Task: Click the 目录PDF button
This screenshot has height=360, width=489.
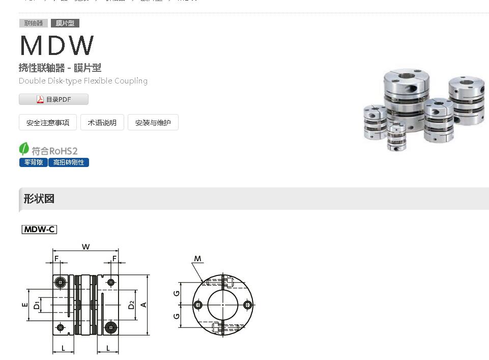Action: [x=53, y=99]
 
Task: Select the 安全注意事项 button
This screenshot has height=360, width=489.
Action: [x=48, y=123]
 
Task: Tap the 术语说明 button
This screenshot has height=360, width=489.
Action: [x=102, y=123]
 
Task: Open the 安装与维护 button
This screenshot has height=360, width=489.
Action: [x=153, y=123]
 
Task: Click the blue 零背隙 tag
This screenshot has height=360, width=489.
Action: [x=34, y=162]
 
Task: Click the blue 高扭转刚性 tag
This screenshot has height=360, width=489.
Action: [x=69, y=162]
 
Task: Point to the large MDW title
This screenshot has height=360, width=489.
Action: [x=57, y=46]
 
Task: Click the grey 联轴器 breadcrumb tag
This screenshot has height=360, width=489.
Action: [x=34, y=23]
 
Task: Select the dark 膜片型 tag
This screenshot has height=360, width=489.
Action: [x=65, y=23]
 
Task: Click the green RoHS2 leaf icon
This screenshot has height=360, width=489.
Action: [x=24, y=149]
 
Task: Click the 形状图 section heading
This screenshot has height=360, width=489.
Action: [x=39, y=199]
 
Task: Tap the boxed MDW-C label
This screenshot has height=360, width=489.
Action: [x=39, y=230]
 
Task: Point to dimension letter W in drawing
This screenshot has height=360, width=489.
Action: [x=86, y=247]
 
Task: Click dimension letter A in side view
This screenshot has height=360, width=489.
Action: [x=144, y=304]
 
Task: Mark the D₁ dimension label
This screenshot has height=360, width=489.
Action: [x=37, y=306]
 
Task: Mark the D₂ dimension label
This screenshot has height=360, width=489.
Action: [x=131, y=305]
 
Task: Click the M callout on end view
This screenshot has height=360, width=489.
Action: [x=198, y=259]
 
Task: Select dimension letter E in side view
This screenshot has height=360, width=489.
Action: [x=24, y=305]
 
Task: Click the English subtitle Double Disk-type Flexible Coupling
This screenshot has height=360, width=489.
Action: [x=83, y=81]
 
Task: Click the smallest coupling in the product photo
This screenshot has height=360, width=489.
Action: [x=396, y=136]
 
